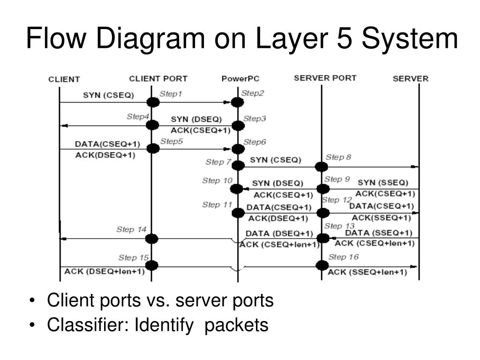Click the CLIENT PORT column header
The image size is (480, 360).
click(x=158, y=79)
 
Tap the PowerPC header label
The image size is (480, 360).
click(x=240, y=79)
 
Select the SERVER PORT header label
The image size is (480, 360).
click(x=325, y=78)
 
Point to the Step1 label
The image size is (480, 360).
click(x=171, y=94)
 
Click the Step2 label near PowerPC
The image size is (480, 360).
click(x=253, y=93)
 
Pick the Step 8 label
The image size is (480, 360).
click(x=338, y=157)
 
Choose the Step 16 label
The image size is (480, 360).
click(x=343, y=257)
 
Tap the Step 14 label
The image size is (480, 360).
click(x=131, y=229)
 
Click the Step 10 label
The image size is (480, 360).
click(x=217, y=180)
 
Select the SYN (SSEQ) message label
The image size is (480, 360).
click(x=383, y=183)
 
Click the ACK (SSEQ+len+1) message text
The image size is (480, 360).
click(x=367, y=272)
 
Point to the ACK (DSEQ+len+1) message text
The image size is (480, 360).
click(x=105, y=271)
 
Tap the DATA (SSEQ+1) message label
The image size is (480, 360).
click(x=379, y=233)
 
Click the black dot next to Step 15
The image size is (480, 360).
click(x=152, y=265)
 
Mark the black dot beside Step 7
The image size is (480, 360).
click(x=238, y=165)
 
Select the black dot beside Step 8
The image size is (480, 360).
click(x=322, y=167)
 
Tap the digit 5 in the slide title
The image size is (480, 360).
click(x=345, y=38)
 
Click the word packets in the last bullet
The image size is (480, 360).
click(x=236, y=325)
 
